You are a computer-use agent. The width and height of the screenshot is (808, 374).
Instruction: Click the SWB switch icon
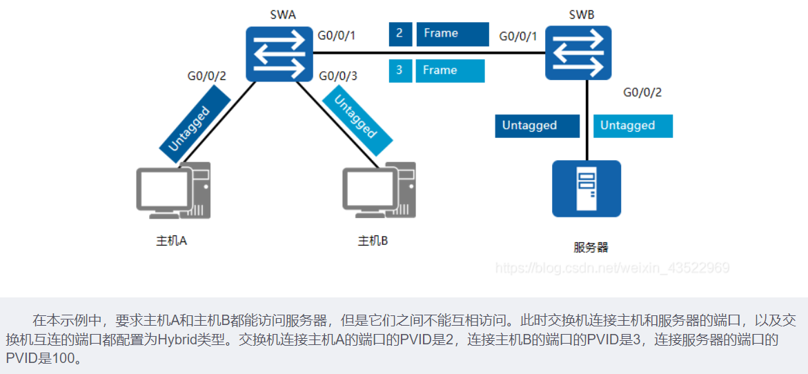pos(578,52)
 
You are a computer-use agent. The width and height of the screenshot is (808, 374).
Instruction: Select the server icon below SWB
pos(586,188)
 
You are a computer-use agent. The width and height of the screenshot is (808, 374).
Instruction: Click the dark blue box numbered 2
pos(400,34)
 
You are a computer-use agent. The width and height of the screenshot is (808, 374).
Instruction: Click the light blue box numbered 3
pos(400,71)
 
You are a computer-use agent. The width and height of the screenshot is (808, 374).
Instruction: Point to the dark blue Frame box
pos(451,34)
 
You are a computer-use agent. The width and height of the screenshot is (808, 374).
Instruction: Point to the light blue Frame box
pos(450,71)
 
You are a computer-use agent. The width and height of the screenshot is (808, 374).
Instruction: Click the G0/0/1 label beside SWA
pos(336,35)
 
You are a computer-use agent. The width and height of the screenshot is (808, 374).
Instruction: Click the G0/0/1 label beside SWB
pos(518,35)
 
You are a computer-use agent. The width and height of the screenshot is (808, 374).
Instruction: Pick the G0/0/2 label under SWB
pos(642,92)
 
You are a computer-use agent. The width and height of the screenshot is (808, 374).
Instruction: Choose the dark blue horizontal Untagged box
pos(536,126)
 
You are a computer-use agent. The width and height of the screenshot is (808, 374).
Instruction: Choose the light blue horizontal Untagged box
pos(633,126)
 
